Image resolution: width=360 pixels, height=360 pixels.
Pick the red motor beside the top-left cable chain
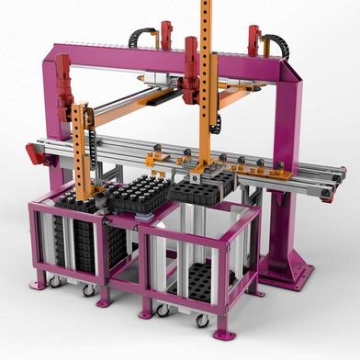pyautogui.click(x=166, y=34)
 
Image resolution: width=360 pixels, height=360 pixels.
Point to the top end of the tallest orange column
pyautogui.click(x=205, y=5)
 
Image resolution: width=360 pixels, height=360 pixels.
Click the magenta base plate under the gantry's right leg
pyautogui.click(x=289, y=271)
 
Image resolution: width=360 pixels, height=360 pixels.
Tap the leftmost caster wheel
pyautogui.click(x=54, y=280)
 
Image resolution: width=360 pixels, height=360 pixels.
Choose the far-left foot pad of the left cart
pyautogui.click(x=37, y=286)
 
